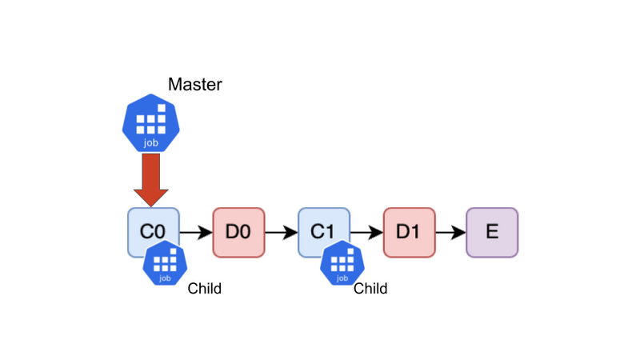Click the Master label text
(x=195, y=85)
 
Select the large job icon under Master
(x=151, y=123)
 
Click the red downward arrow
(x=151, y=180)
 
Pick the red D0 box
(x=238, y=233)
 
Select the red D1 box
(x=410, y=233)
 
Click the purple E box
(x=492, y=233)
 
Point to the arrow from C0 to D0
(x=196, y=233)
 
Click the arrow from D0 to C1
(x=282, y=233)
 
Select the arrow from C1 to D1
(x=367, y=233)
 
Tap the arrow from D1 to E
(x=451, y=233)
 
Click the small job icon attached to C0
(x=165, y=263)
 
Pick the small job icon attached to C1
(x=342, y=263)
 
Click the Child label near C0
(x=205, y=289)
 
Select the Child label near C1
(x=370, y=289)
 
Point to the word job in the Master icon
(x=151, y=143)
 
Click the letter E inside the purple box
(x=492, y=232)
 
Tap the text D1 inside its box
(x=408, y=232)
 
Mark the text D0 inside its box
(x=238, y=232)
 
